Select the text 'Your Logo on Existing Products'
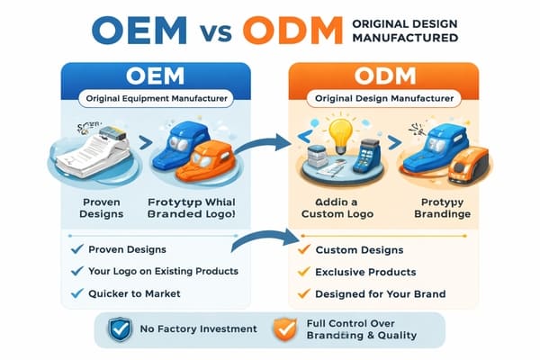click(x=165, y=271)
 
